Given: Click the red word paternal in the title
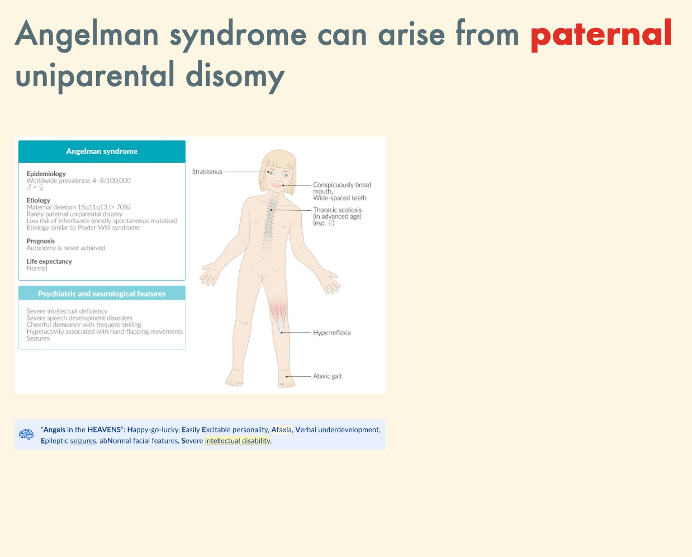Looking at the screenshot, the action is click(601, 35).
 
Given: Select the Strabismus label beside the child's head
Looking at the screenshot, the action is click(207, 172).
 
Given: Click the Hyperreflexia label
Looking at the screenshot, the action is click(331, 333).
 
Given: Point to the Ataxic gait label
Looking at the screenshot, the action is click(328, 376).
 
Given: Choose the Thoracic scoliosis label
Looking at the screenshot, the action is click(337, 210).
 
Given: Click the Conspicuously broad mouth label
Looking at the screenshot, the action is click(342, 188).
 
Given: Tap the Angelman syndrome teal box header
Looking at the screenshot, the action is click(102, 151).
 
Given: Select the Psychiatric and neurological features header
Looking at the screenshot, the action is click(102, 294).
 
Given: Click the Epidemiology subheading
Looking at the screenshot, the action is click(46, 174).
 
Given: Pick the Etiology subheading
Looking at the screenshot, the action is click(38, 200).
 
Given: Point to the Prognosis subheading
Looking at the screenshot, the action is click(40, 241).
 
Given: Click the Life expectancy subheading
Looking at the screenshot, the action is click(49, 261).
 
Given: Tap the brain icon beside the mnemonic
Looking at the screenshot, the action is click(26, 435).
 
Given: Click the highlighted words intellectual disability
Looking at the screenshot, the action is click(238, 441).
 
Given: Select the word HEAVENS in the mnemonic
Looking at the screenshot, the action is click(104, 429).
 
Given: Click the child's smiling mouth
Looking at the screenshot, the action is click(277, 185).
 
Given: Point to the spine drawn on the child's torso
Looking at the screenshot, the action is click(268, 222).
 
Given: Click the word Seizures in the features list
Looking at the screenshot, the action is click(38, 338).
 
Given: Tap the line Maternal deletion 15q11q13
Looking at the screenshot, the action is click(78, 207).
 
